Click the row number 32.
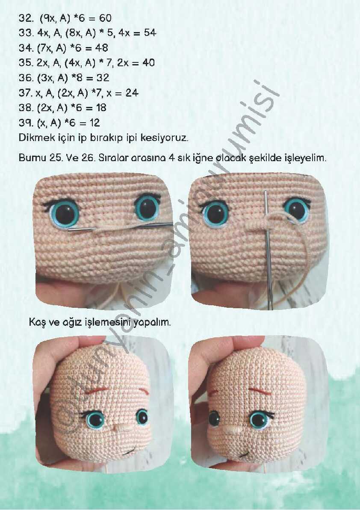[25, 18]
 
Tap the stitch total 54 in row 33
[150, 33]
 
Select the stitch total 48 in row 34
[101, 48]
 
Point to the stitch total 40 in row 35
[148, 62]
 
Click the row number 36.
[25, 78]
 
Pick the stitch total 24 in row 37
[132, 93]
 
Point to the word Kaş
[37, 323]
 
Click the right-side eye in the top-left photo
[147, 207]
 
